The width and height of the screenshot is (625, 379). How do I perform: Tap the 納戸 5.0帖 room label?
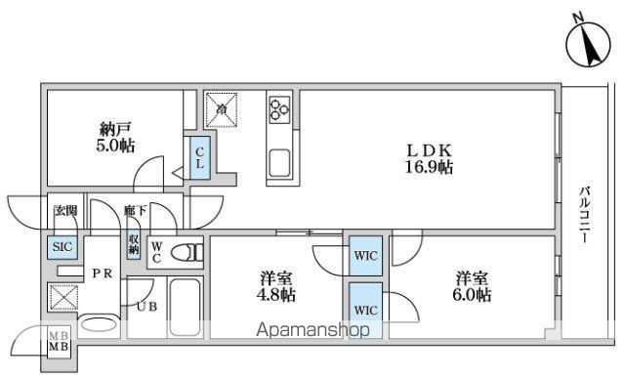point(115,137)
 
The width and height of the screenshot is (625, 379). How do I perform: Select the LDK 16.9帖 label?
point(431,158)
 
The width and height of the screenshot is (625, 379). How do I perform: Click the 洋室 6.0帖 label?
point(471,285)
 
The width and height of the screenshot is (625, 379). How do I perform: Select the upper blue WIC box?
point(366,255)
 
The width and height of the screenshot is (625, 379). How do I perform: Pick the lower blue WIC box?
point(366,309)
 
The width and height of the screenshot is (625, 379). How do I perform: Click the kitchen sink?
point(278,162)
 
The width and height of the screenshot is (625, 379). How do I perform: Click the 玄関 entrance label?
point(64,210)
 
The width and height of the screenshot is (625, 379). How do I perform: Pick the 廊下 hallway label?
point(135,211)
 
